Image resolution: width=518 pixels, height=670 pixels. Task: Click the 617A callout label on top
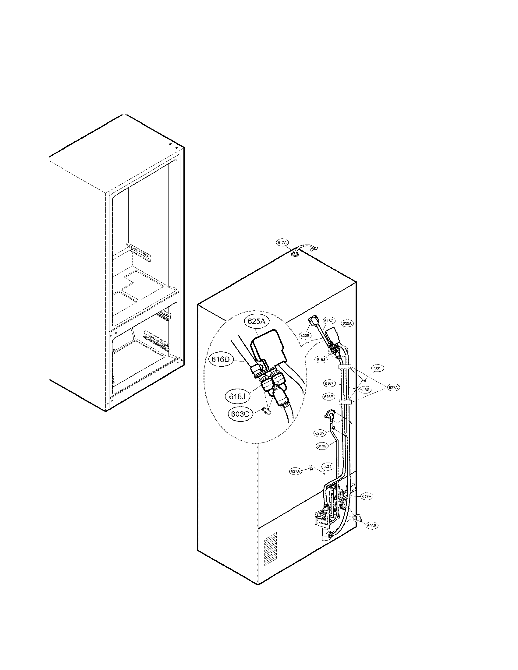(282, 243)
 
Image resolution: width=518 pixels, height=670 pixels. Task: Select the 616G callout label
(329, 321)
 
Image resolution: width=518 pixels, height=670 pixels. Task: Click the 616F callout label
(329, 383)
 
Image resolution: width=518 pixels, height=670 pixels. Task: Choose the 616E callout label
(328, 397)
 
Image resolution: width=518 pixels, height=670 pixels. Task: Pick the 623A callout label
(319, 433)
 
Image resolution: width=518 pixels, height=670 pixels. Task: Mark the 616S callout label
(322, 446)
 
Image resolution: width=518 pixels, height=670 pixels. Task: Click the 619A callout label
(367, 496)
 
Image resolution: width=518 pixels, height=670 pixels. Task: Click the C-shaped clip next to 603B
(357, 518)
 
